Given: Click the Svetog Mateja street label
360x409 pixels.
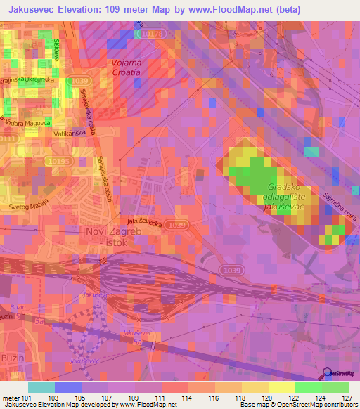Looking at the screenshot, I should click(x=28, y=207).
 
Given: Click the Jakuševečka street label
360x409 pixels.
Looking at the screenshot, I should click(x=146, y=219).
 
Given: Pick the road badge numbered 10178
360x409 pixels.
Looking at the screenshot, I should click(x=150, y=33).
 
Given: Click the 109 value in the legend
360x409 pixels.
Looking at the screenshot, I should click(x=136, y=397).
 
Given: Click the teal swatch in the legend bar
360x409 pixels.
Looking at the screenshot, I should click(x=41, y=387).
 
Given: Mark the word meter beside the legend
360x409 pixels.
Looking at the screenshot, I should click(x=10, y=397).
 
